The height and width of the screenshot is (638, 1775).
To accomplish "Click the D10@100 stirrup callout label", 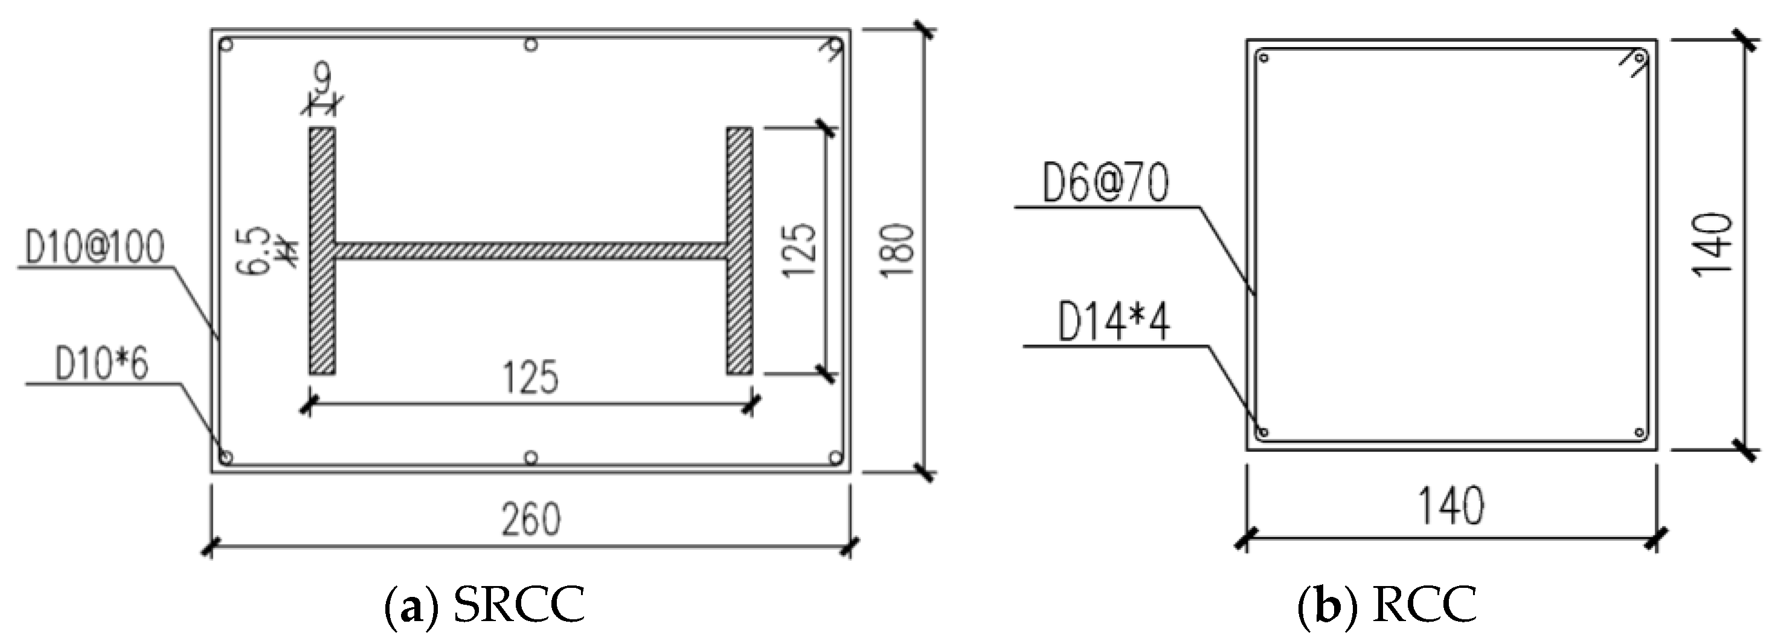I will [x=95, y=248].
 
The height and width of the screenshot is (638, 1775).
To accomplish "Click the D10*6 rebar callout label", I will [x=101, y=364].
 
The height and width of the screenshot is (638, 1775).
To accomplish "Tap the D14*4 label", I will [x=1114, y=323].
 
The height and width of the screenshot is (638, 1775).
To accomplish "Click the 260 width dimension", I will [x=531, y=520].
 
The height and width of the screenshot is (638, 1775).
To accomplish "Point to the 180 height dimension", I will [x=899, y=250].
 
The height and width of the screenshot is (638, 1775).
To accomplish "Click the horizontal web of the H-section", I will [x=531, y=251].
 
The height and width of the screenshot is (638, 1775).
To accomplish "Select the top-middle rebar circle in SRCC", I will [x=531, y=45].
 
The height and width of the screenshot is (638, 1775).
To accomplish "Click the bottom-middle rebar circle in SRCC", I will [x=531, y=457].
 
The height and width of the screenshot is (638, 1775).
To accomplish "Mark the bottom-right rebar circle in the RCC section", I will [x=1640, y=433].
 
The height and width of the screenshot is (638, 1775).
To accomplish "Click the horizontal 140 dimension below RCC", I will [x=1451, y=506].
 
